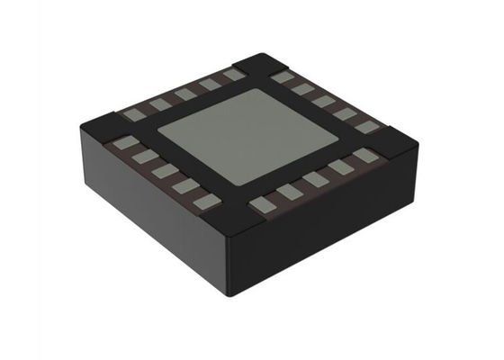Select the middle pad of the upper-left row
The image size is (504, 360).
coord(185,94)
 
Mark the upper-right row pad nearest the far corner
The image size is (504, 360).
coord(282,77)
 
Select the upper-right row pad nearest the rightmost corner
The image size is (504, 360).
coord(365,127)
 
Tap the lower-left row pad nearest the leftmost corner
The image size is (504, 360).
coord(123,142)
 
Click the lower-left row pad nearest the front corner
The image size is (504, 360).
coord(205,201)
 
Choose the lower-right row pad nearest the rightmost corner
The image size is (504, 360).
coord(363,156)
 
